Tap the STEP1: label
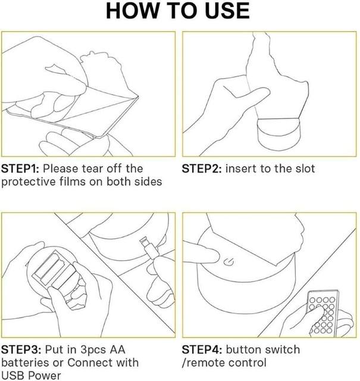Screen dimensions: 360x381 20,168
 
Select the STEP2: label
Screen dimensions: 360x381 202,168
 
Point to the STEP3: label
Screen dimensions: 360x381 21,350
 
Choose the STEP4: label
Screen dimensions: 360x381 202,350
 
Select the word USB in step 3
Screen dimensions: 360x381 12,376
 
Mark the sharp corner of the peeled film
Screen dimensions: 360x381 139,96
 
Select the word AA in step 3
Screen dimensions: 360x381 118,350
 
